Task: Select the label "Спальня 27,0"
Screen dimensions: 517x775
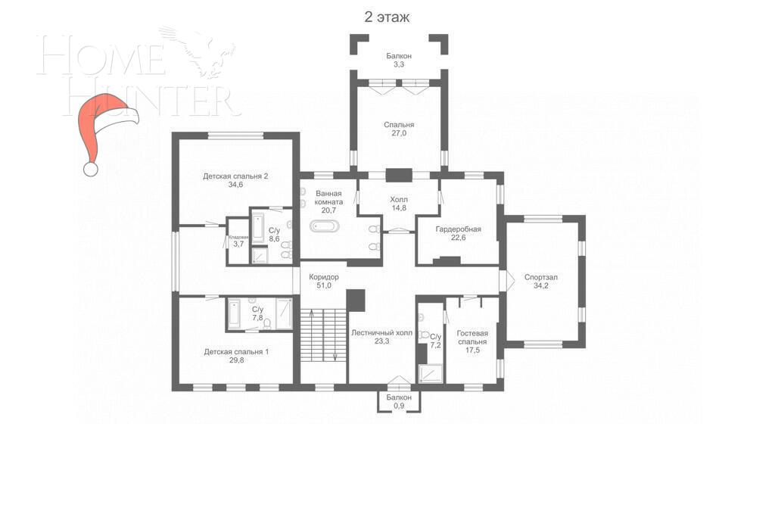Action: [398, 129]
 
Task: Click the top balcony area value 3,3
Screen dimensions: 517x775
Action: [398, 65]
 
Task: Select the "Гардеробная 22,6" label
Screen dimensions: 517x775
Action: [458, 233]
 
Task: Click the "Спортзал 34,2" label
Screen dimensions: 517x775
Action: [540, 282]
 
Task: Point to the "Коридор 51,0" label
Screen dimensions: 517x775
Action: [324, 281]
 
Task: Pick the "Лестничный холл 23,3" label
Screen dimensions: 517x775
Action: [381, 337]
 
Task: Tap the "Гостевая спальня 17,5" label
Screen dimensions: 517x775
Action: [472, 337]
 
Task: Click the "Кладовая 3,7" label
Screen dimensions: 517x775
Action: [238, 241]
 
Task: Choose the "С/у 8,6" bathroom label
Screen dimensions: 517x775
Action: [274, 235]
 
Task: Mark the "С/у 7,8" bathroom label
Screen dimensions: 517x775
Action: [257, 313]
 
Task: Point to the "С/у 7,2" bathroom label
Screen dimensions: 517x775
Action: [435, 341]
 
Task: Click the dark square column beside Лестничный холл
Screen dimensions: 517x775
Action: [356, 300]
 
